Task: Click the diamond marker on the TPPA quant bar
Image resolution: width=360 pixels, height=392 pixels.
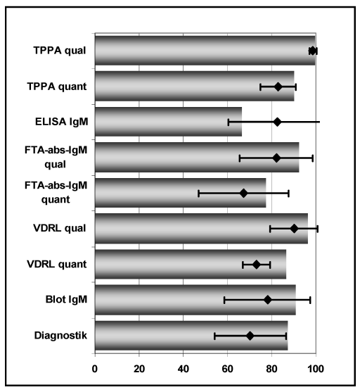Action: pyautogui.click(x=278, y=87)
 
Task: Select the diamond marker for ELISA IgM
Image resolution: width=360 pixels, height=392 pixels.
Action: pyautogui.click(x=277, y=122)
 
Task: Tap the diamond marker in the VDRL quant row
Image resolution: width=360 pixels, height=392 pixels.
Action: pyautogui.click(x=257, y=265)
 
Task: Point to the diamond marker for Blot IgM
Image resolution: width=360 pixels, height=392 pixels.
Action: pyautogui.click(x=268, y=300)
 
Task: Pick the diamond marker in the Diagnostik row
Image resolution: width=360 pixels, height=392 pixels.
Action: pyautogui.click(x=250, y=336)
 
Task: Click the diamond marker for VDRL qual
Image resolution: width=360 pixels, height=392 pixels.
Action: pyautogui.click(x=294, y=229)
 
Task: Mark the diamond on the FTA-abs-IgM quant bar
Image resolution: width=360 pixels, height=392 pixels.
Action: pyautogui.click(x=243, y=194)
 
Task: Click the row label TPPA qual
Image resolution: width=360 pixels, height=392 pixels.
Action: pyautogui.click(x=60, y=51)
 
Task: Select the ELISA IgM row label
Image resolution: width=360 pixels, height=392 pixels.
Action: pyautogui.click(x=61, y=122)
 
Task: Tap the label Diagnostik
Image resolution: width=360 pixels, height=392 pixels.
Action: pyautogui.click(x=60, y=336)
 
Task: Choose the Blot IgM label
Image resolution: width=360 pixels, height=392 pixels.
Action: pyautogui.click(x=66, y=300)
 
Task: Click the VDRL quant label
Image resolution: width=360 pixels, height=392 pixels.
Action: pyautogui.click(x=57, y=265)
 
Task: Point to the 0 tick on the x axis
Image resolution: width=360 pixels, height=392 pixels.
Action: pyautogui.click(x=95, y=369)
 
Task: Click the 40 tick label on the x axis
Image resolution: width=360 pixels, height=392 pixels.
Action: pyautogui.click(x=183, y=369)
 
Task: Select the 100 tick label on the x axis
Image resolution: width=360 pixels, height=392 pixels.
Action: pyautogui.click(x=316, y=369)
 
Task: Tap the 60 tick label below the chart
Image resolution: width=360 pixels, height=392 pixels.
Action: pyautogui.click(x=227, y=369)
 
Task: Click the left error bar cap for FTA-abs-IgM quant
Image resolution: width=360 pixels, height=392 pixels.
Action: pyautogui.click(x=198, y=194)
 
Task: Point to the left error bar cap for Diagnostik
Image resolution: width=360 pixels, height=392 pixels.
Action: pyautogui.click(x=214, y=336)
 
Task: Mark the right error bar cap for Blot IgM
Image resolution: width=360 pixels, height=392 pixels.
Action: pyautogui.click(x=310, y=300)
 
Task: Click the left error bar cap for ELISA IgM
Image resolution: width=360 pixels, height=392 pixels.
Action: pyautogui.click(x=229, y=122)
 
